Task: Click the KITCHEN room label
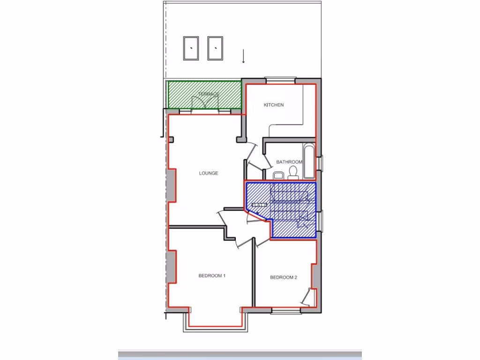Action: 273,105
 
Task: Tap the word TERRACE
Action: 209,94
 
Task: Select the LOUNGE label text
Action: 209,173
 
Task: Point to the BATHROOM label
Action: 289,162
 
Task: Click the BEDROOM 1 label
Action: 212,276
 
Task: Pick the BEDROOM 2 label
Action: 284,277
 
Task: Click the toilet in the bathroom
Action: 294,172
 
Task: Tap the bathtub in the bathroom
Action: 309,162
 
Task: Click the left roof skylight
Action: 191,48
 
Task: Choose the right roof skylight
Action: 215,48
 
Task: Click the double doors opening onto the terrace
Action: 204,104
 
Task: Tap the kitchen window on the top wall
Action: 280,80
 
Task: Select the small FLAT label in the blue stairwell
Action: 259,205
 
